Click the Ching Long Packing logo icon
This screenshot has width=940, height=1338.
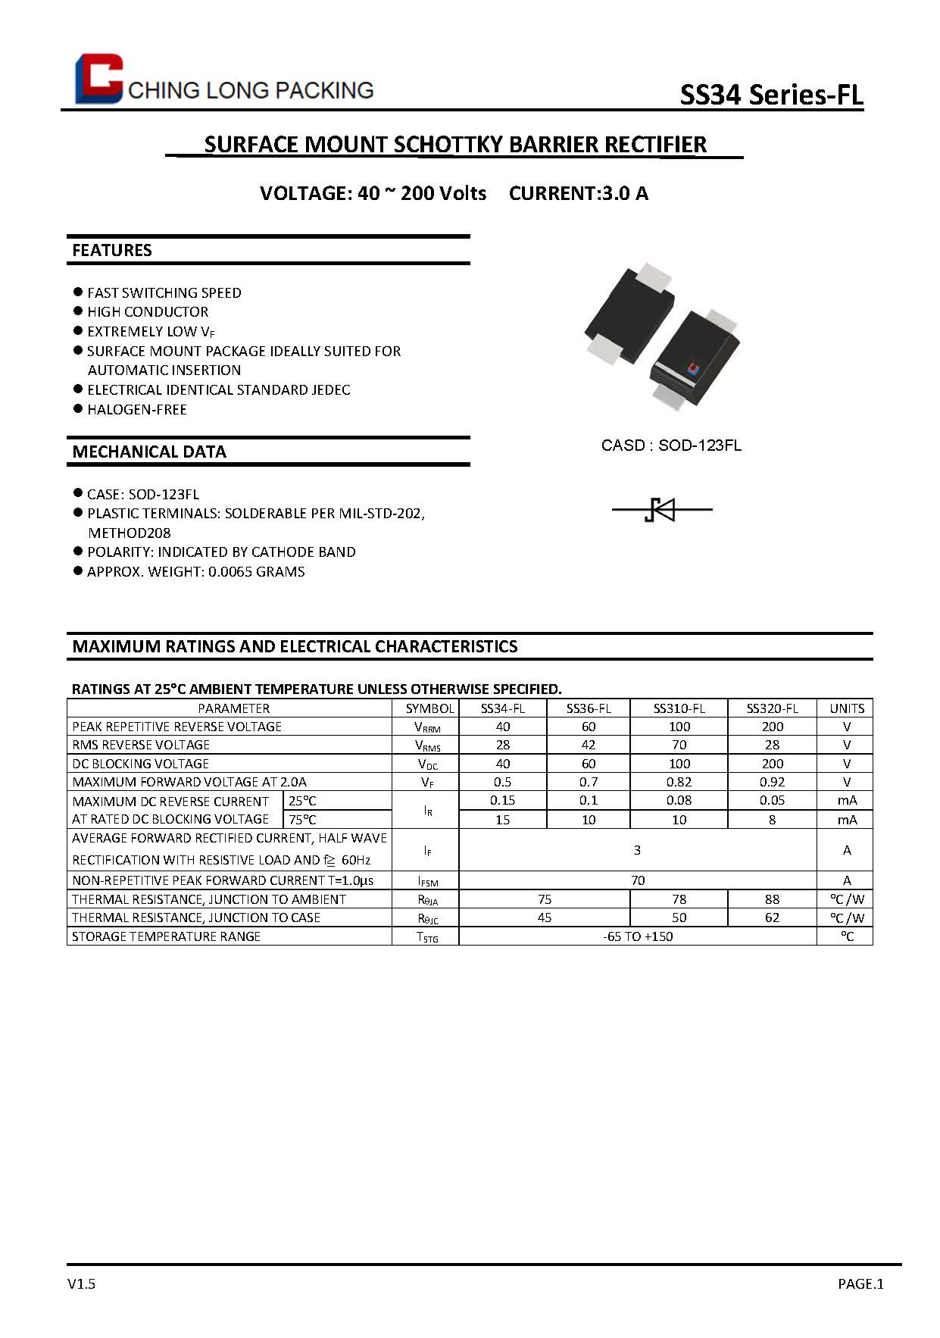click(98, 79)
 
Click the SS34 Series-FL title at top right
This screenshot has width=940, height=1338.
click(771, 95)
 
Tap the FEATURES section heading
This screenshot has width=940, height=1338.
click(112, 250)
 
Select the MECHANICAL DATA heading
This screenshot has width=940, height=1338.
click(149, 452)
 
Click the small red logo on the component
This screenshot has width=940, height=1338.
click(692, 368)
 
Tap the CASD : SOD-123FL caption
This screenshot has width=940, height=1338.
click(671, 445)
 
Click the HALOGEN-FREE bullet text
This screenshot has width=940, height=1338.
click(137, 409)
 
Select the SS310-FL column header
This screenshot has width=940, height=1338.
click(679, 708)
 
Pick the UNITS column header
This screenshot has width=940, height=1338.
click(846, 708)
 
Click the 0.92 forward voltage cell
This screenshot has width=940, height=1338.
click(772, 782)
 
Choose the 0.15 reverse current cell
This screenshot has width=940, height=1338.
click(502, 800)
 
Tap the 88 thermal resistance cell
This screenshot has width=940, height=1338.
click(772, 899)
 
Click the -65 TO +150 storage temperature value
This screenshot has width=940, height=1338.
click(638, 936)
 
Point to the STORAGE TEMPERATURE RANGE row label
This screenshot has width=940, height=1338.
click(167, 936)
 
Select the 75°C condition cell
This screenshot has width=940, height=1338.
click(303, 819)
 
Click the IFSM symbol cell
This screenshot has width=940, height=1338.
click(427, 881)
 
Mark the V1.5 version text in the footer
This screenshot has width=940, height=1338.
click(81, 1283)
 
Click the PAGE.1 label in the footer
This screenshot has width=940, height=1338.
click(860, 1283)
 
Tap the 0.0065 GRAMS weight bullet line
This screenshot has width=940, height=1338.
click(196, 571)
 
